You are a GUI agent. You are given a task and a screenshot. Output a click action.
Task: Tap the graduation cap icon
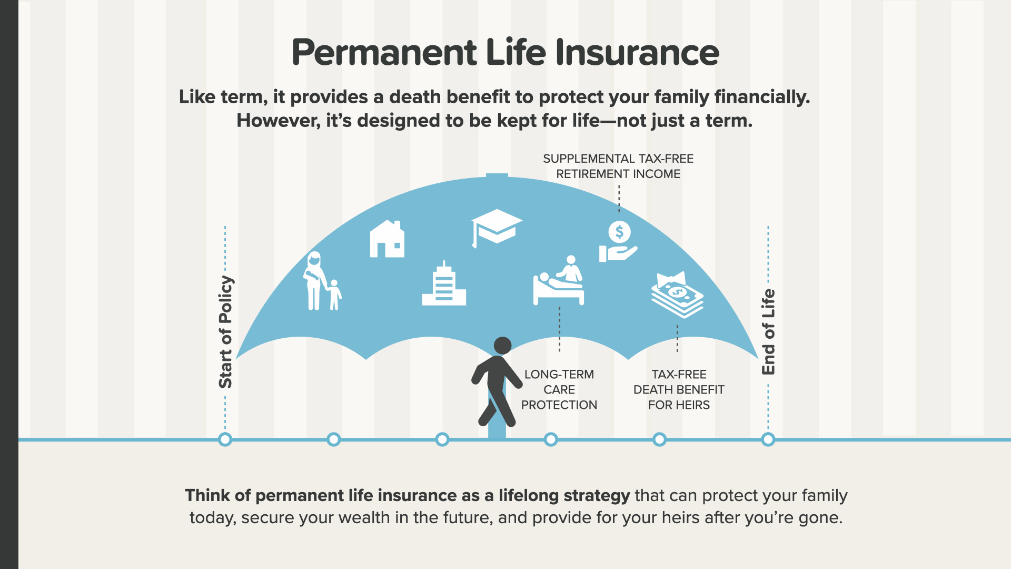coord(497,228)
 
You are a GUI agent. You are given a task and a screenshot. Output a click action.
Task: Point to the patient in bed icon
coord(559,280)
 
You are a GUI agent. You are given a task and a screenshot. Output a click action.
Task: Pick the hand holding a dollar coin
coord(618,241)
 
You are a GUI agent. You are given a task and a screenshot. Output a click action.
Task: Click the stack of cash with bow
coord(678,295)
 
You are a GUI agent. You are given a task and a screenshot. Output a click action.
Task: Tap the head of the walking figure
coord(503,346)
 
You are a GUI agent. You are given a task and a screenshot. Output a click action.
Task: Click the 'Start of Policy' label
coord(225,332)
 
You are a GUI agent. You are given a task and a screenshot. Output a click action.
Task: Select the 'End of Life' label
coord(768,332)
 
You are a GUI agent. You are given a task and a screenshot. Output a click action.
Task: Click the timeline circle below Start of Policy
coord(225,439)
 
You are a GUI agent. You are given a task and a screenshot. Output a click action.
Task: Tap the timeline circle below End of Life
coord(768,439)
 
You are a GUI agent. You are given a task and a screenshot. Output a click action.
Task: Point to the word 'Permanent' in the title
coord(384,53)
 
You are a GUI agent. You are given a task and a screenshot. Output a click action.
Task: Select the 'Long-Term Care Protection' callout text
coord(559,389)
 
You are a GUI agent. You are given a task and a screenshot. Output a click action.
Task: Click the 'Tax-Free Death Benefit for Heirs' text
coord(679,389)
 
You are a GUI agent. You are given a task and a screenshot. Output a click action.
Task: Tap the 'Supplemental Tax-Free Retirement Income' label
coord(618,166)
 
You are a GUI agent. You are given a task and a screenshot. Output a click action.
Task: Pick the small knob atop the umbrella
coord(497,175)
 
